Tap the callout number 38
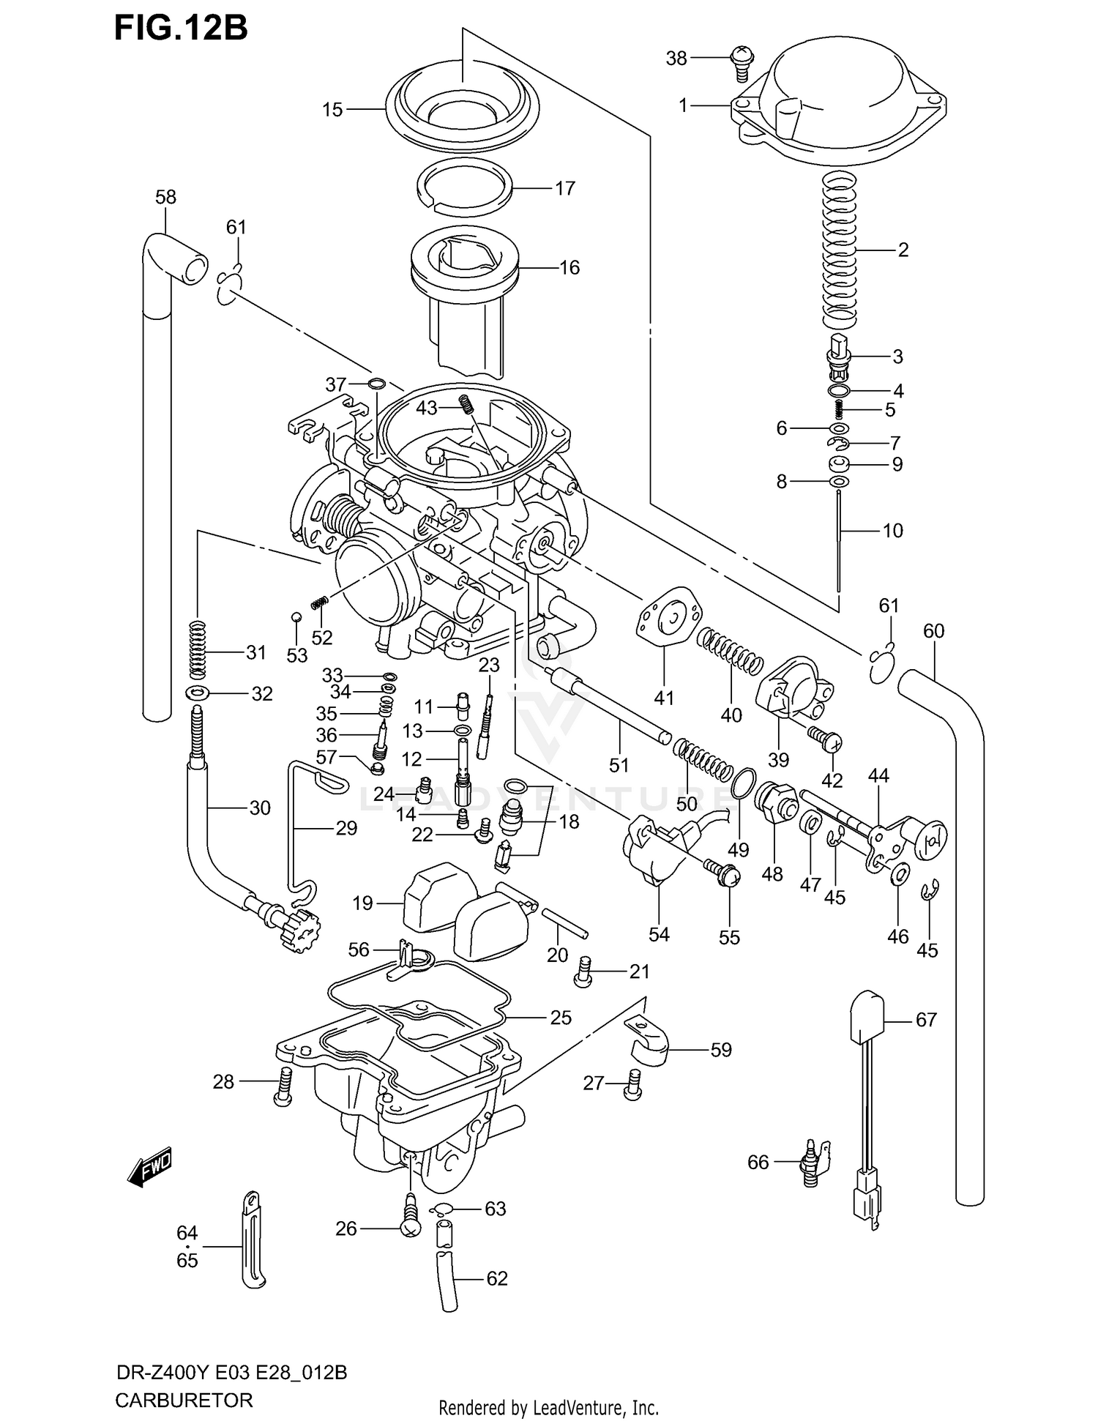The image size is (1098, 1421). [676, 58]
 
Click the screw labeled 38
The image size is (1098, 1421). [742, 61]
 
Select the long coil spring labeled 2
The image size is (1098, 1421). [840, 249]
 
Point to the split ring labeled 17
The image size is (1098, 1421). [467, 187]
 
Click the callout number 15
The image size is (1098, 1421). [332, 110]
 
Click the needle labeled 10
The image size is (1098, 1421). [839, 542]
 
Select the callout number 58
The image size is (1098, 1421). [166, 197]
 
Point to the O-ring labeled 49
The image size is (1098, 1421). [743, 784]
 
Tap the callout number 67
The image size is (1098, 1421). [926, 1019]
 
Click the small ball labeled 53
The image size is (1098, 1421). [296, 617]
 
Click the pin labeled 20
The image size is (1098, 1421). [564, 922]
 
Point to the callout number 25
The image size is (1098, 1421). [560, 1018]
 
